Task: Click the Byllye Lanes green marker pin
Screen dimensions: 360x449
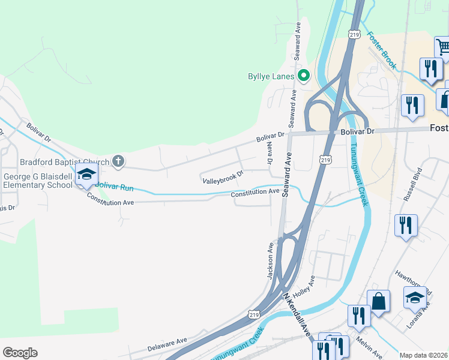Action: pos(304,76)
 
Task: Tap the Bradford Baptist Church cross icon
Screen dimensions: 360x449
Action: pos(118,161)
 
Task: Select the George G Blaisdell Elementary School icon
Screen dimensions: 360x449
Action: pos(86,175)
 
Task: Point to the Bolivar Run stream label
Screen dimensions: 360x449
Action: pos(114,187)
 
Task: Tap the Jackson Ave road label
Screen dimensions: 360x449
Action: pos(271,260)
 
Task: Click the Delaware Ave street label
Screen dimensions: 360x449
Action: pos(167,344)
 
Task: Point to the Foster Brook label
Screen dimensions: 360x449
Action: pos(381,50)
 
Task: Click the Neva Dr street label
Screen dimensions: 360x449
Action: pos(270,154)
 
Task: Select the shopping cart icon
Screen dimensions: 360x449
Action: pos(442,47)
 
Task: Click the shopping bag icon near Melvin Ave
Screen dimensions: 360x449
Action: pos(379,301)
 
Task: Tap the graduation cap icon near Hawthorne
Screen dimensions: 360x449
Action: pos(414,297)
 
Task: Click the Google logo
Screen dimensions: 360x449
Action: pos(20,353)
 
